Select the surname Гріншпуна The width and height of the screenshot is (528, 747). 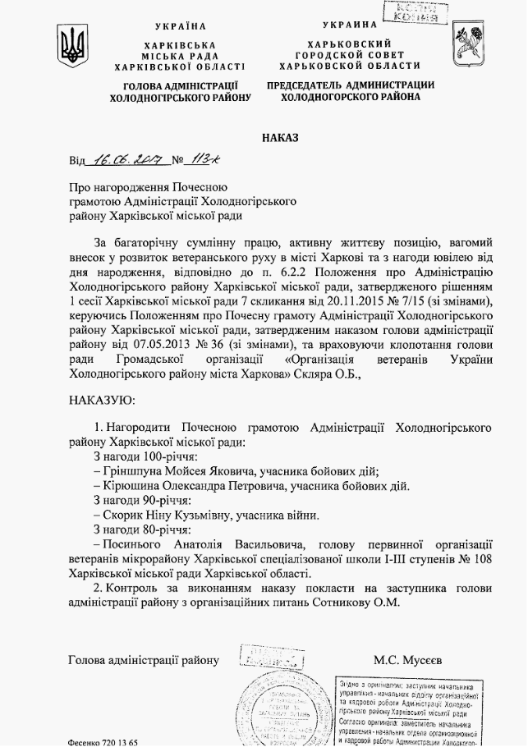(135, 470)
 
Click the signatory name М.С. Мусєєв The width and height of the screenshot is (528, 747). (407, 659)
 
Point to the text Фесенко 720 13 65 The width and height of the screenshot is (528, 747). (103, 741)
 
